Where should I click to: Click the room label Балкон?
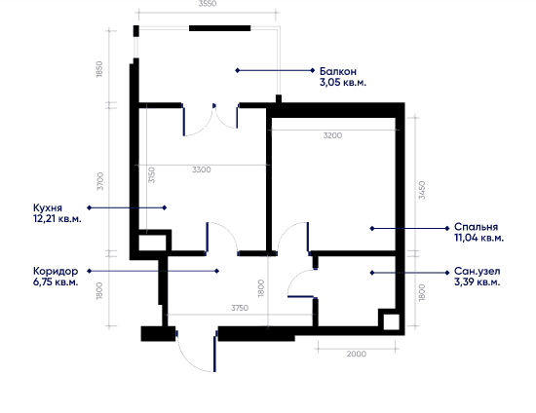click(x=338, y=71)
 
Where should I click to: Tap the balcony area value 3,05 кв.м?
click(x=343, y=83)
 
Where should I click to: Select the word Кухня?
click(x=48, y=207)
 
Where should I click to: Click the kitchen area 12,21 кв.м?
click(x=57, y=218)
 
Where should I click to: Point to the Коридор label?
click(x=56, y=271)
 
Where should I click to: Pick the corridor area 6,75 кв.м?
click(x=56, y=282)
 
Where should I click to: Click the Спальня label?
click(x=476, y=227)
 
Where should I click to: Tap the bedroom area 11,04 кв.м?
click(x=479, y=238)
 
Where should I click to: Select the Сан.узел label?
click(x=477, y=271)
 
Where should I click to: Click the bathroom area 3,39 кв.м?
click(x=477, y=282)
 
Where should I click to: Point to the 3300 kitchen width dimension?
click(x=202, y=169)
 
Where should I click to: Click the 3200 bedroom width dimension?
click(x=332, y=135)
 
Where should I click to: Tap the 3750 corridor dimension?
click(x=240, y=308)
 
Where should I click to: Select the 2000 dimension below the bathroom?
click(x=357, y=354)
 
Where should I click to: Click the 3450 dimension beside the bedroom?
click(x=422, y=190)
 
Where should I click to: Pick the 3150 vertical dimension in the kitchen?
click(x=152, y=175)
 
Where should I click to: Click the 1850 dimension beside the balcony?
click(x=99, y=69)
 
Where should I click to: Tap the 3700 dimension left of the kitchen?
click(x=99, y=181)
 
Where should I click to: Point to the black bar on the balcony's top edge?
click(x=220, y=28)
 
